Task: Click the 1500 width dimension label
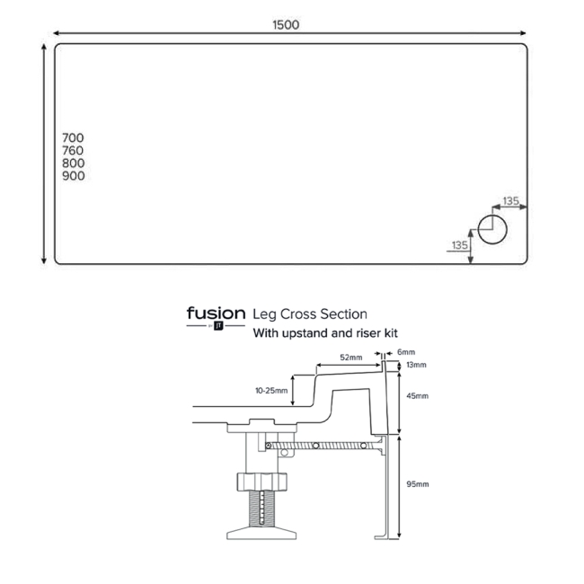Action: pyautogui.click(x=286, y=25)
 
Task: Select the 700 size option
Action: pyautogui.click(x=73, y=138)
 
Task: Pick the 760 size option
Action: pyautogui.click(x=73, y=151)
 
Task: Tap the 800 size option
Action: pyautogui.click(x=74, y=164)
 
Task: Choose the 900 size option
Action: pyautogui.click(x=74, y=176)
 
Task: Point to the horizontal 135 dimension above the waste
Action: pyautogui.click(x=510, y=201)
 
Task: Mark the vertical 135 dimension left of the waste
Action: pyautogui.click(x=460, y=245)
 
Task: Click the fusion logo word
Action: pyautogui.click(x=216, y=314)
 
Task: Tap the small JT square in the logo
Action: pyautogui.click(x=218, y=326)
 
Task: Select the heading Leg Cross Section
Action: pyautogui.click(x=310, y=314)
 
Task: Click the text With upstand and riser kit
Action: pyautogui.click(x=325, y=333)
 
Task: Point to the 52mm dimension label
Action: pyautogui.click(x=350, y=358)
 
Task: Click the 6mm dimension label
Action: pyautogui.click(x=406, y=352)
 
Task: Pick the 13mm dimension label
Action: pyautogui.click(x=416, y=365)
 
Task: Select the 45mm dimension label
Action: pyautogui.click(x=417, y=396)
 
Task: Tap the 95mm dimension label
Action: pyautogui.click(x=417, y=484)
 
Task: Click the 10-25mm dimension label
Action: pyautogui.click(x=271, y=391)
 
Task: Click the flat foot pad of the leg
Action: pyautogui.click(x=261, y=533)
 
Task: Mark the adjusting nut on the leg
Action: pyautogui.click(x=261, y=482)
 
